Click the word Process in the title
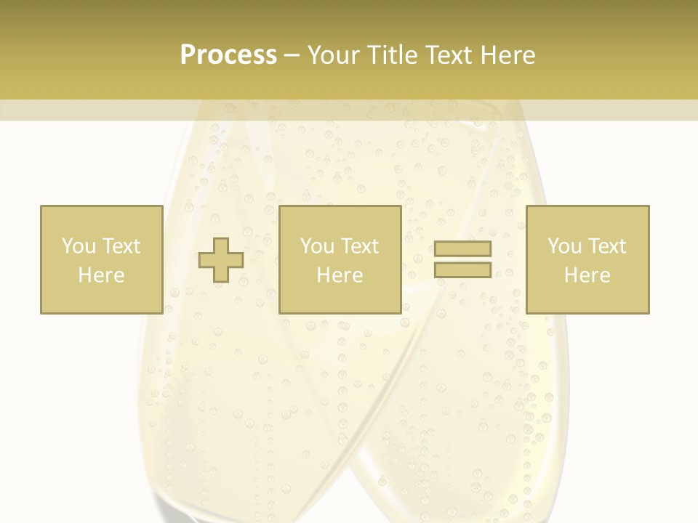228,55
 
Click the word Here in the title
510,55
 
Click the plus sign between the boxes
221,260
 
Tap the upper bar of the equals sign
462,248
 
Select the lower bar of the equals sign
462,269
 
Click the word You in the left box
78,246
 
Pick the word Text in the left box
120,246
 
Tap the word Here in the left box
101,275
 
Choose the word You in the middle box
317,246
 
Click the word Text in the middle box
359,246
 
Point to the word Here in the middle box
340,275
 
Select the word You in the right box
564,246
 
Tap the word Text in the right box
606,246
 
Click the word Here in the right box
587,275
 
